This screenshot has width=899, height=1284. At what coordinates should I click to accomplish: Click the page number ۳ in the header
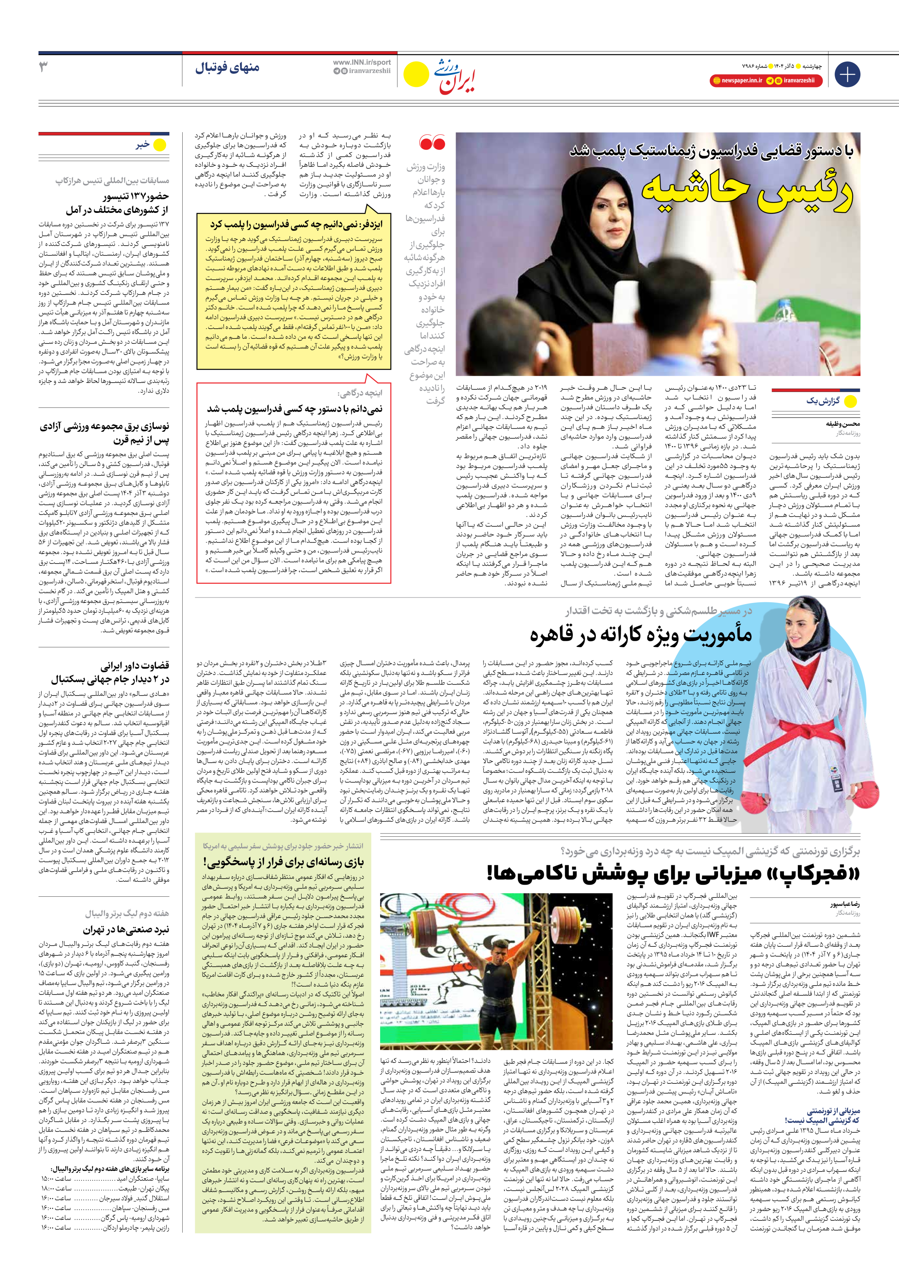43,67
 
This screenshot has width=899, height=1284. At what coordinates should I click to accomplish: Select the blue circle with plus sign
847,74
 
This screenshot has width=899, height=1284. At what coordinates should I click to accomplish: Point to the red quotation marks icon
432,144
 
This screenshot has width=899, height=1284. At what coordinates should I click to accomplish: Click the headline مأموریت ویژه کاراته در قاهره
640,635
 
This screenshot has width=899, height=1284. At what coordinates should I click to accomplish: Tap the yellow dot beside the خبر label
160,145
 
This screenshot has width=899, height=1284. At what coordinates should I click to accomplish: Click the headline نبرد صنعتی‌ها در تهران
126,929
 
